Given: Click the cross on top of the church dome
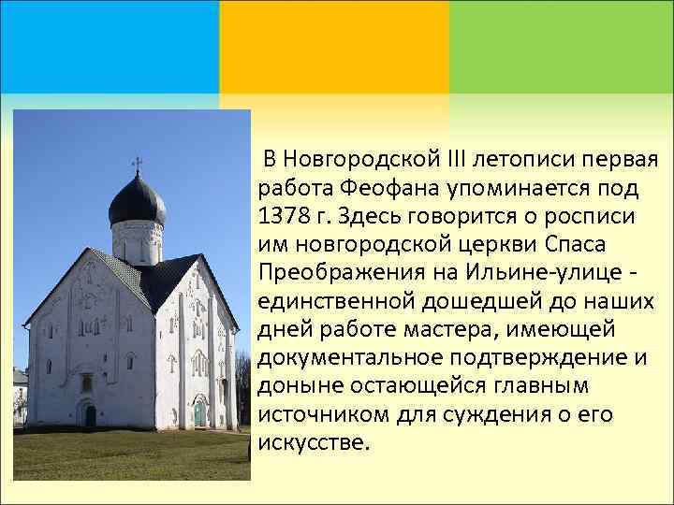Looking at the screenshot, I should pos(137,166).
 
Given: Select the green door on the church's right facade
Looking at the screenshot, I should pos(199,411).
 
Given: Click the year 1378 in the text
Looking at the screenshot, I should pos(279,217).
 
